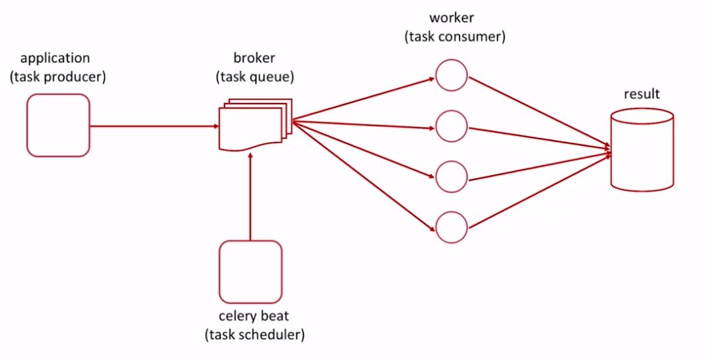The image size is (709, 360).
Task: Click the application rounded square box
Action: coord(58,126)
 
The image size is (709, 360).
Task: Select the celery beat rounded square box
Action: coord(250,271)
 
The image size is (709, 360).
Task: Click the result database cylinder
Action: coord(642,151)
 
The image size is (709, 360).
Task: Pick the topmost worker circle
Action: coord(452,75)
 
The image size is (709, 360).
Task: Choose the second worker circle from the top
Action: coord(452,125)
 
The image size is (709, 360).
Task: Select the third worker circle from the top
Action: coord(452,176)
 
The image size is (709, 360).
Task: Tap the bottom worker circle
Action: coord(452,227)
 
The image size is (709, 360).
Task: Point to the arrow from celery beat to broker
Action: coord(250,198)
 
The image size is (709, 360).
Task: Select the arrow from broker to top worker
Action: coord(363,100)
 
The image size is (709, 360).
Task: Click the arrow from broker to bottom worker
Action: coord(363,176)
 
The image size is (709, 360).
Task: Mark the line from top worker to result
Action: coord(538,111)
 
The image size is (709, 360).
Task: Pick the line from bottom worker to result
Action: coord(538,190)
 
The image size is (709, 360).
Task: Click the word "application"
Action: coord(55,59)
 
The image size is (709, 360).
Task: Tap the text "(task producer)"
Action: coord(57,77)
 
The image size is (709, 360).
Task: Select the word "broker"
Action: coord(254,58)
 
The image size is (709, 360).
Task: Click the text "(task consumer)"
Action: coord(454,37)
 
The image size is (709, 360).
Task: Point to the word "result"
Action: coord(641,94)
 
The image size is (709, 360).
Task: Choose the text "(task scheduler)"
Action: coord(255,335)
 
